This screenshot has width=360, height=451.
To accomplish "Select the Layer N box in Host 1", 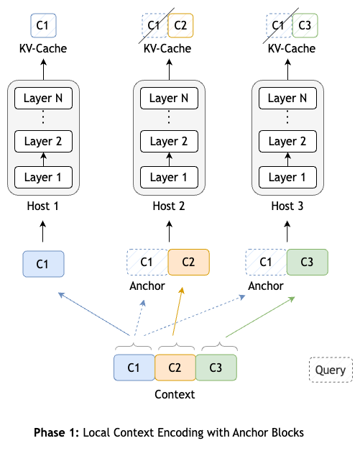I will [x=44, y=99].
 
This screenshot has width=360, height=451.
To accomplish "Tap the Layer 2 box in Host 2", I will [x=170, y=141].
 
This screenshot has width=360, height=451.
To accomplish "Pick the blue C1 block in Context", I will [x=134, y=368].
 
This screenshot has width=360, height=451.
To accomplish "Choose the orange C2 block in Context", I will [x=175, y=368].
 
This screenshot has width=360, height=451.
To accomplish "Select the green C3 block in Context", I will [x=216, y=368].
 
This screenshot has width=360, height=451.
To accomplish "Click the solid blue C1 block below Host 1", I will [x=44, y=264].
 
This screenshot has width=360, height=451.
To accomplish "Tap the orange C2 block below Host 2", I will [x=188, y=262].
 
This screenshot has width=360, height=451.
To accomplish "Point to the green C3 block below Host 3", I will [x=308, y=262].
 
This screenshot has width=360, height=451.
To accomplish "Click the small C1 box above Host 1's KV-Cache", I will [x=44, y=27].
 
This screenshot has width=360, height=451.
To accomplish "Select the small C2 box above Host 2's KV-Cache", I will [x=180, y=27].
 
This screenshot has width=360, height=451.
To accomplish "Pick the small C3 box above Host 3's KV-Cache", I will [x=305, y=27].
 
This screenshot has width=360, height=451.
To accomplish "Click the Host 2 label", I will [x=170, y=206].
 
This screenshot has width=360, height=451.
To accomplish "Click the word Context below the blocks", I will [x=175, y=394].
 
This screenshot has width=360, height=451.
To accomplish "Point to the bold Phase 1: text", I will [x=57, y=433].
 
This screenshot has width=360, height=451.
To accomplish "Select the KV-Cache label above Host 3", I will [x=292, y=48].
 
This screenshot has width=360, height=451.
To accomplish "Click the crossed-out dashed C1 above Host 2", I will [x=153, y=27].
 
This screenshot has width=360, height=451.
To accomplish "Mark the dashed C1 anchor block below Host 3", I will [x=267, y=262].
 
